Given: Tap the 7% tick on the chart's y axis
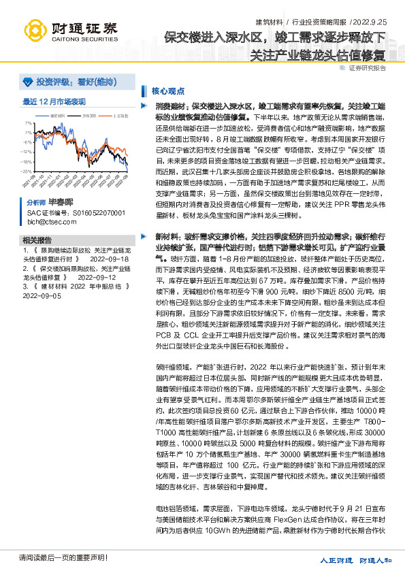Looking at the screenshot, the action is (x=29, y=124).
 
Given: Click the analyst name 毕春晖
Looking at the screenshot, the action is (x=61, y=202).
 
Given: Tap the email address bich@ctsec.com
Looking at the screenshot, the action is (x=48, y=222).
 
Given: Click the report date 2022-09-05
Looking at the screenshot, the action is (x=42, y=296).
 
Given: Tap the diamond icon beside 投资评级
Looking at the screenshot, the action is (x=28, y=82).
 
